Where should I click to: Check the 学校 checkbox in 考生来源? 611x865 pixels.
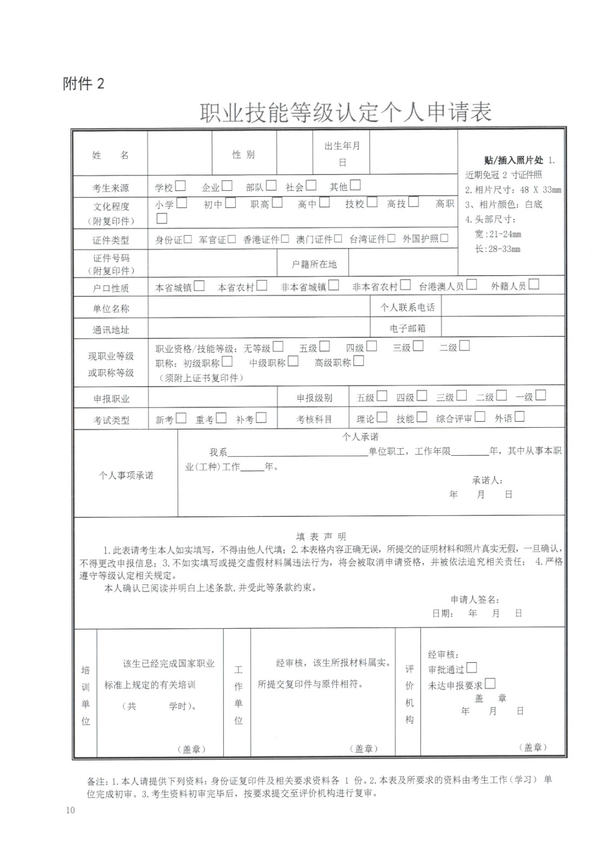point(180,186)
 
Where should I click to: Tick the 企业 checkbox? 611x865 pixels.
point(227,186)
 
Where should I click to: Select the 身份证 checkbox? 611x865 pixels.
point(188,239)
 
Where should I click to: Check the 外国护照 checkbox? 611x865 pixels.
point(444,238)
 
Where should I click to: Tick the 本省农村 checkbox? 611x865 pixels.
point(262,286)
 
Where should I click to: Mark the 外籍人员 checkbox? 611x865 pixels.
point(534,284)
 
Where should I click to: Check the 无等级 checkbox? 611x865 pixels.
point(278,347)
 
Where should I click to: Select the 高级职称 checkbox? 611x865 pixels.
point(358,361)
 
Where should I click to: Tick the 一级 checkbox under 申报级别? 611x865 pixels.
point(540,395)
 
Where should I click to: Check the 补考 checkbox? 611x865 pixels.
point(261,418)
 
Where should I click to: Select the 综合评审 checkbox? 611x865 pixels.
point(480,417)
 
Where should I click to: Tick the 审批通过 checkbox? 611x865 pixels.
point(471,668)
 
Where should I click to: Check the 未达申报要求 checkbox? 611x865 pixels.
point(490,684)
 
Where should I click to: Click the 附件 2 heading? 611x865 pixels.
point(83,84)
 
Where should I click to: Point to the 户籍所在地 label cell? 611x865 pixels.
point(314,264)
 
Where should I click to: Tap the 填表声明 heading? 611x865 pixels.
point(321,537)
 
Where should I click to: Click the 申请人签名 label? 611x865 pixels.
point(474,600)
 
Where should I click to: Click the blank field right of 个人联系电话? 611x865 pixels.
point(503,307)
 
